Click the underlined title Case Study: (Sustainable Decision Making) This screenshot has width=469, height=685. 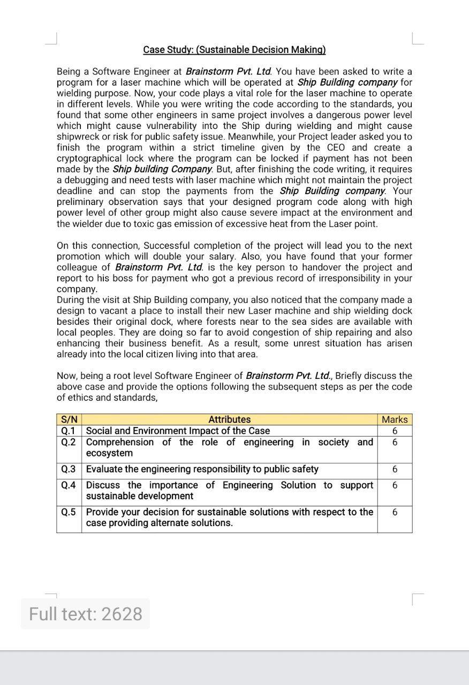[x=234, y=50]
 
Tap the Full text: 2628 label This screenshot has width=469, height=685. [x=86, y=614]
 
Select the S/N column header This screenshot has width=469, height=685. [x=69, y=420]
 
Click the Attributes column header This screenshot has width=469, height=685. [x=229, y=420]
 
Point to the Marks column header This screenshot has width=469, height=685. [x=395, y=420]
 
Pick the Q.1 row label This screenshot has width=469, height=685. [x=69, y=431]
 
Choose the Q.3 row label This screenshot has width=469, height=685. [x=69, y=469]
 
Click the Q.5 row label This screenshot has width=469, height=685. [x=69, y=512]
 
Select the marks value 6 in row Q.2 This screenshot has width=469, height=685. [x=395, y=443]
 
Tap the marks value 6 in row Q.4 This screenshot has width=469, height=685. [x=395, y=485]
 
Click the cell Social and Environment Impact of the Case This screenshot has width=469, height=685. [x=178, y=431]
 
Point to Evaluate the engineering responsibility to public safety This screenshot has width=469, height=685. [x=202, y=469]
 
